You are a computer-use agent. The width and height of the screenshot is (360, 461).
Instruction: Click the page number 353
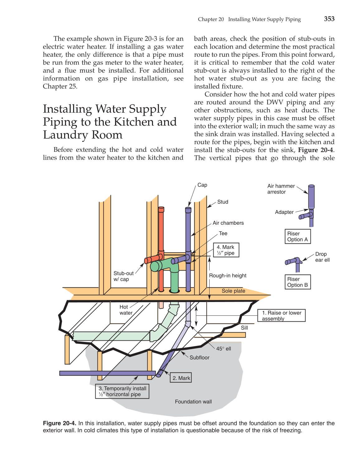tap(329, 19)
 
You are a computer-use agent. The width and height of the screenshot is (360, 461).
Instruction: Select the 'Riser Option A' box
tap(297, 237)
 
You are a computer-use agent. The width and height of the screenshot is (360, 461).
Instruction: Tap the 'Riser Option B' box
tap(297, 282)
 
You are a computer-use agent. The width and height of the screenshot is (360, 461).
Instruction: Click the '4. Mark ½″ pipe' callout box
tap(226, 250)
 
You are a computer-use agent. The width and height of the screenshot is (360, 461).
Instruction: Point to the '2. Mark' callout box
tap(181, 378)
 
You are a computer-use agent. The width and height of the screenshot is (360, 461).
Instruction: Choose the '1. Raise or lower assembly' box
tap(281, 315)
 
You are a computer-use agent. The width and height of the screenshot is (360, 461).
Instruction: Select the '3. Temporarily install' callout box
tap(122, 391)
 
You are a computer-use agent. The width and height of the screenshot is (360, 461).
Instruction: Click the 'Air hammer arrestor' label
tap(281, 189)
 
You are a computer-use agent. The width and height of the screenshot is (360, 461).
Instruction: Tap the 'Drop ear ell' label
tap(322, 257)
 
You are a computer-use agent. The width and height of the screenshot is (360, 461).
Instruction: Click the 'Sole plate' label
tap(233, 291)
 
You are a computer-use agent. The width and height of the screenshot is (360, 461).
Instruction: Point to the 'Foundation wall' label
tap(193, 402)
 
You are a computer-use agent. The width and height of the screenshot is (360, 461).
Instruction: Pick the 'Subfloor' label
tap(199, 358)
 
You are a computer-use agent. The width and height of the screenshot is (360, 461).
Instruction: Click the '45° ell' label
tap(224, 349)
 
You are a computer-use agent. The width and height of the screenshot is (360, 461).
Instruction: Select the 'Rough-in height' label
tap(228, 276)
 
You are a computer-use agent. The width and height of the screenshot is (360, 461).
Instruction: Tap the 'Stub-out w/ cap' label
tap(123, 276)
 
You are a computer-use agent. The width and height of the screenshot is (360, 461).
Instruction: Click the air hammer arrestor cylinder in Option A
tap(311, 196)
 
